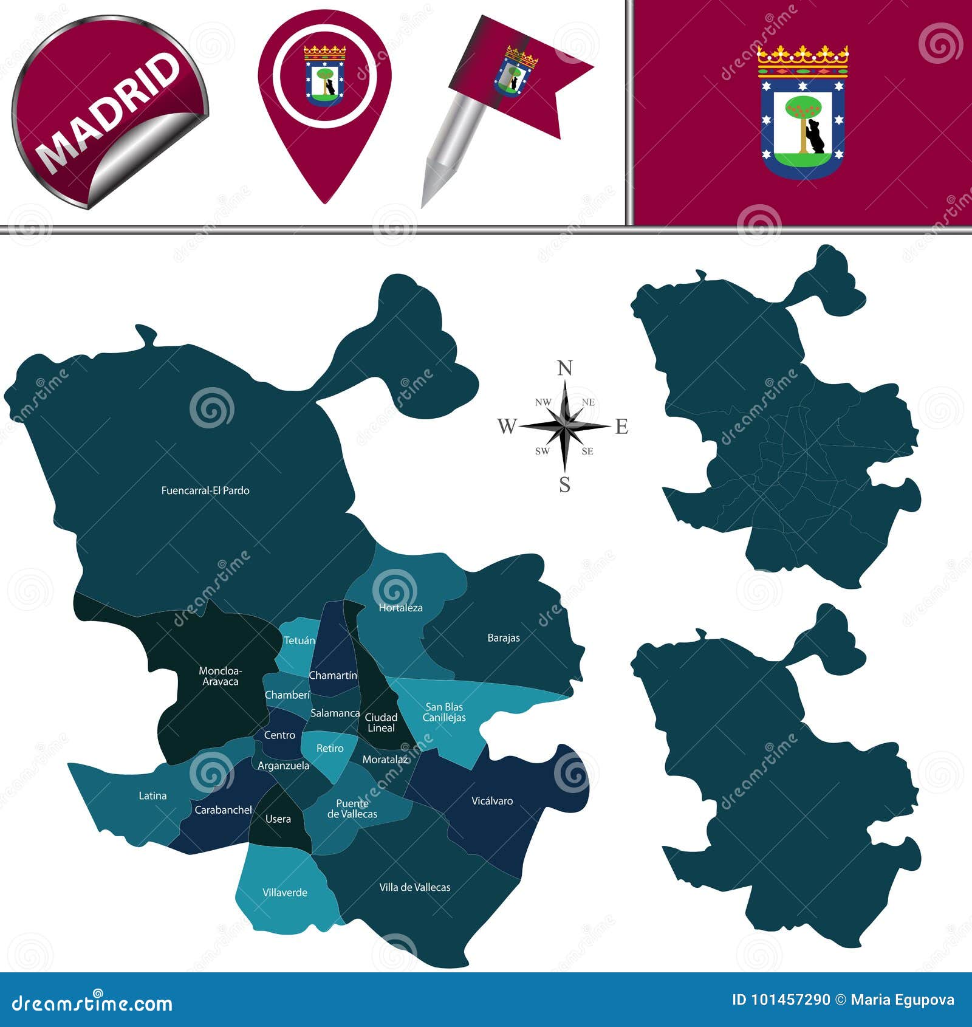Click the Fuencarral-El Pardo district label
(205, 490)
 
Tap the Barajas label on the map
(504, 638)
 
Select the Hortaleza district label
(400, 608)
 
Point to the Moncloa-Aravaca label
(220, 676)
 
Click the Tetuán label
(299, 641)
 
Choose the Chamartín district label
(333, 676)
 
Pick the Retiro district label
(330, 749)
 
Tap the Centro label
(279, 735)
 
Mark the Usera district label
(278, 819)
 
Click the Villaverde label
(285, 893)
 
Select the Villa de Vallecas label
(415, 887)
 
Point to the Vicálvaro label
(492, 801)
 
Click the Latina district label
(152, 795)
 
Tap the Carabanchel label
(223, 810)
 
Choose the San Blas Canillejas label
(444, 712)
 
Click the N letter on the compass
(565, 368)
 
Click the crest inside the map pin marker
(324, 75)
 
